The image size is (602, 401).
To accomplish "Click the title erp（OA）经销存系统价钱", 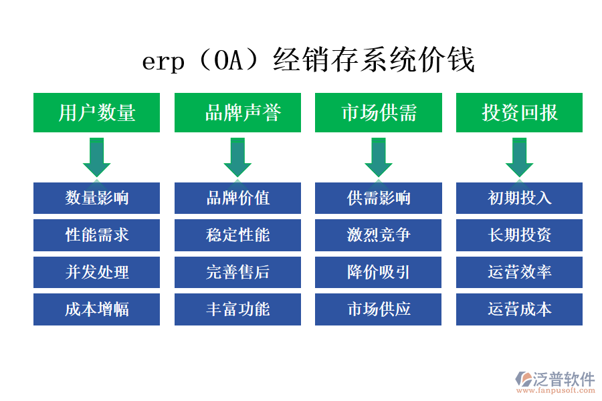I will [x=308, y=61].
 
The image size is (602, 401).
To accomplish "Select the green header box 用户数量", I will [x=97, y=112].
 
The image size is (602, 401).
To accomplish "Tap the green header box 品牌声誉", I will [x=237, y=112].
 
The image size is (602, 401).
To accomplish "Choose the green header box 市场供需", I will [x=379, y=112].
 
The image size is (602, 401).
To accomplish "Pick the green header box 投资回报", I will [x=519, y=112].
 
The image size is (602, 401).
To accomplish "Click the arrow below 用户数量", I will [x=97, y=157].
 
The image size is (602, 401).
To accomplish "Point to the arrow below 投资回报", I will [x=519, y=157].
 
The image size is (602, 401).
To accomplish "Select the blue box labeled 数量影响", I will [x=97, y=198].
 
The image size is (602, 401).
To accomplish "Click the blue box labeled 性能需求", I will [x=97, y=235].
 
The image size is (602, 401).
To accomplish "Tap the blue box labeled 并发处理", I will [x=97, y=273].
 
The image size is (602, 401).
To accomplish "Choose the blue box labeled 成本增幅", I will [x=97, y=309].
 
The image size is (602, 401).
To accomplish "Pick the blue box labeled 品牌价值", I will [x=237, y=198].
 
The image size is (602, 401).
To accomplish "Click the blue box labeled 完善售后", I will [x=237, y=273].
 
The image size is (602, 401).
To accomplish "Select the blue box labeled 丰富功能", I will [x=237, y=309].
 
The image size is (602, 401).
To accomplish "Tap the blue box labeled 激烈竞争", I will [x=379, y=235].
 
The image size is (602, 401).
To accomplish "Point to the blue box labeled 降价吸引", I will [x=379, y=273].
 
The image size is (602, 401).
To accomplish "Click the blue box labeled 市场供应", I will [x=379, y=309].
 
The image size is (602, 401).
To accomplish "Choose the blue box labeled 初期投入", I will [x=519, y=198].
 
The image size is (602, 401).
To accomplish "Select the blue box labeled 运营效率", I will [x=519, y=273].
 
